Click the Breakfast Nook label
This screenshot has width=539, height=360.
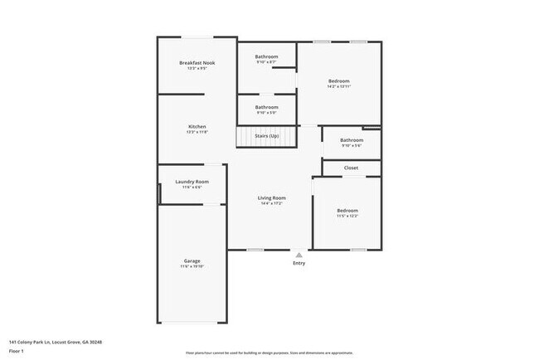coord(197,63)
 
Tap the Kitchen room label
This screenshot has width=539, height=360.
coord(197,126)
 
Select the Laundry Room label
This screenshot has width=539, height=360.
coord(192,182)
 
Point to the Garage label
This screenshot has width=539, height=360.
coord(192,260)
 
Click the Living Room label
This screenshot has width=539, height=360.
coord(271,197)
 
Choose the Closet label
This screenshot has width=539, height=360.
coord(351,168)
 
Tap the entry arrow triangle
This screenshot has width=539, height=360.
coord(299,255)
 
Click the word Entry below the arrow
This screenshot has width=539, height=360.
coord(299,264)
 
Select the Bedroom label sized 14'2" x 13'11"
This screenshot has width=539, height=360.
coord(338,80)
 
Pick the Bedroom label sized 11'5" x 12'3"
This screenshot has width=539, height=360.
coord(347,211)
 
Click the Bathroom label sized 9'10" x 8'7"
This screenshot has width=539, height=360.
coord(266,56)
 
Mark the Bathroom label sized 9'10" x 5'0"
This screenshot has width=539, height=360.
coord(266,107)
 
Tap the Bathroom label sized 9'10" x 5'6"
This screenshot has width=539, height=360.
coord(352,140)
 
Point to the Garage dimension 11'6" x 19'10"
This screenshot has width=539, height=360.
coord(192,266)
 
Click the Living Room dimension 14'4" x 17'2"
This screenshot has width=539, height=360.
coord(271,203)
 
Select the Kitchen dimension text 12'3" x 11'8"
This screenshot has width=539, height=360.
coord(197,132)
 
